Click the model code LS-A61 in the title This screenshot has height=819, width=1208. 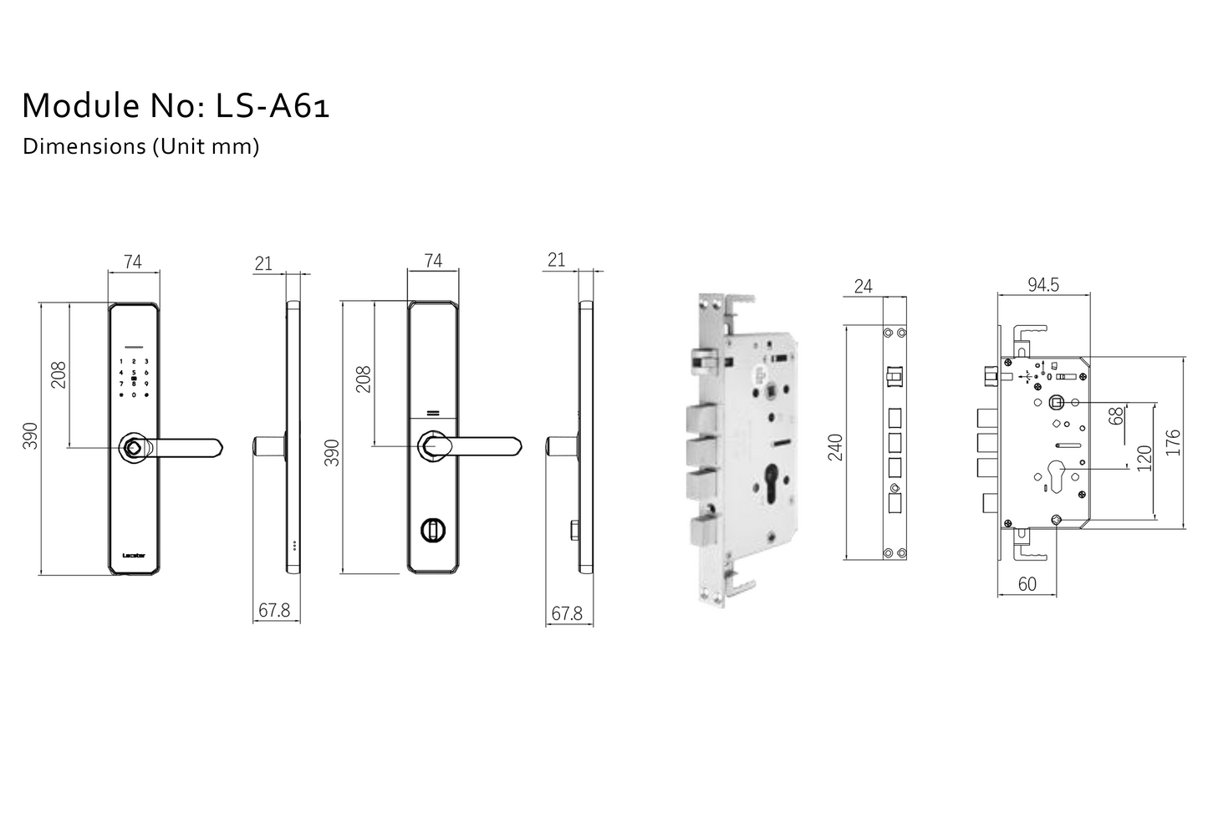273,106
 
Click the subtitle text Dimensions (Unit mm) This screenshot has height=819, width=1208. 140,146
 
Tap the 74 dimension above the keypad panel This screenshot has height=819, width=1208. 132,262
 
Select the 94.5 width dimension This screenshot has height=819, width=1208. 1042,285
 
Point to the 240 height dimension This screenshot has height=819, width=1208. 835,447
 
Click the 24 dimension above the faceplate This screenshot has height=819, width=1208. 863,287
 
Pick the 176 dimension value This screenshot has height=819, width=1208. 1173,442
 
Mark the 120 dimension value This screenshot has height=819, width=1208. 1144,458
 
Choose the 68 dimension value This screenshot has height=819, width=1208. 1116,416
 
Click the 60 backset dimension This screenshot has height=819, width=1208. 1027,584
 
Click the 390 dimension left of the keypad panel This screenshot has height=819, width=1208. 30,435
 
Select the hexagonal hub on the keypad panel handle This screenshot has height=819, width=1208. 134,448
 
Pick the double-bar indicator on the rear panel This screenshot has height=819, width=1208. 433,413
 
